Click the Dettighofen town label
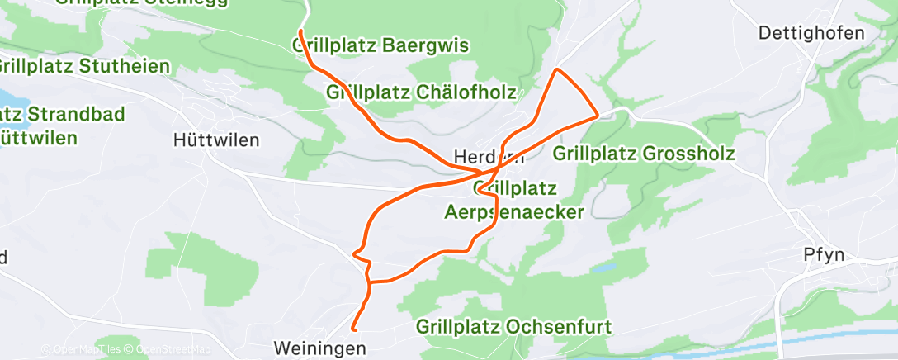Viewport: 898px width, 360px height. click(811, 34)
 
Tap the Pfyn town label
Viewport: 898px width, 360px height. click(823, 254)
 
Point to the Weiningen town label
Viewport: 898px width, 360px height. click(319, 349)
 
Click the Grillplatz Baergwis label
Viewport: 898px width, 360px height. click(380, 46)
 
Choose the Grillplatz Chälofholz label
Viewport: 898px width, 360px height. click(422, 92)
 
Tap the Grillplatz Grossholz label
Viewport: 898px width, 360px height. click(644, 154)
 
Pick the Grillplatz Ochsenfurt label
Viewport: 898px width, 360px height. click(513, 326)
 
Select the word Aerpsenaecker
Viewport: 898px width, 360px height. click(513, 212)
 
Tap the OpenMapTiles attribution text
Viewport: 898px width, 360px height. click(81, 350)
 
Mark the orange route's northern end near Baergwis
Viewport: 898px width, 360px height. click(300, 31)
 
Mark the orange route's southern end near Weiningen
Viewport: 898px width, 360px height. click(354, 329)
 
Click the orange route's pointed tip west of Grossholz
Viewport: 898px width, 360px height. click(597, 116)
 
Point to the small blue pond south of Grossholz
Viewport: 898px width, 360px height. click(605, 268)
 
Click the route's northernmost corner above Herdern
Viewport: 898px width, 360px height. click(559, 69)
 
